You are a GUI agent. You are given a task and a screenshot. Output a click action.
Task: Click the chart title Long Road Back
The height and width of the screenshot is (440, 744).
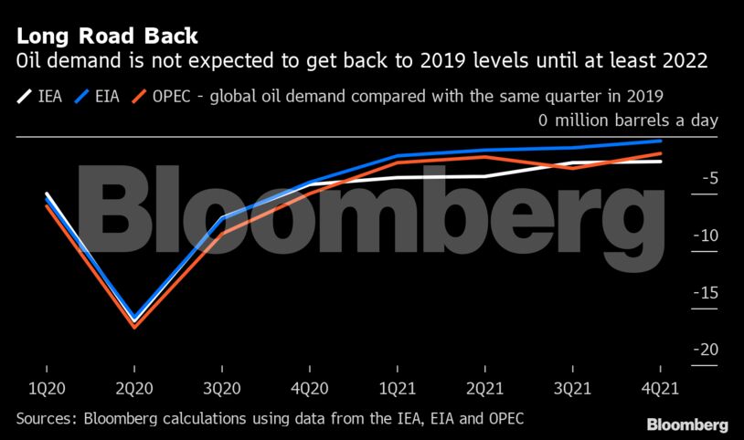click(106, 37)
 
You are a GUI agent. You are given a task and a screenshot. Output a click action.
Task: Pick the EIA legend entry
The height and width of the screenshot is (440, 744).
click(101, 95)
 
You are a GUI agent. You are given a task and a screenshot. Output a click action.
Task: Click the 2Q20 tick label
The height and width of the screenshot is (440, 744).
click(134, 388)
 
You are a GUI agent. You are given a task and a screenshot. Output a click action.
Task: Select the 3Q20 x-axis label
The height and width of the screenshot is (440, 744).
click(221, 388)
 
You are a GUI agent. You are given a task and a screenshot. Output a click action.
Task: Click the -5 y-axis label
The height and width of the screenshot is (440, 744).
click(707, 179)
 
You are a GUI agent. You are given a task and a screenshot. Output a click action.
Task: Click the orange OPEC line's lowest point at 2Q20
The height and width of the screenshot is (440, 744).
click(134, 326)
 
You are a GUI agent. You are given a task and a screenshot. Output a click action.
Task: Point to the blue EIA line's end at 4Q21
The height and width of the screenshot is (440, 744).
click(660, 141)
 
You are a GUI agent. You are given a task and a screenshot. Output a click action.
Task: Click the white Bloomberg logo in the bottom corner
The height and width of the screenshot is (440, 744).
click(687, 424)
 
